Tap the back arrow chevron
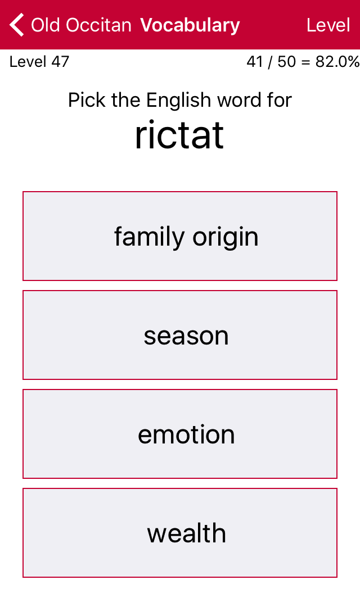click(17, 25)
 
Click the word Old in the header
click(45, 25)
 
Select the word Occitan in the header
click(98, 25)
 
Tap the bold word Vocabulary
click(190, 25)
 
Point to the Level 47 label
click(39, 62)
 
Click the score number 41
click(255, 62)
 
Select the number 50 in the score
click(286, 62)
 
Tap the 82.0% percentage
click(337, 62)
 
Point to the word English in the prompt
click(179, 101)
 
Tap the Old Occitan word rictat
click(179, 135)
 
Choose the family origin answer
click(180, 236)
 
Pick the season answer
click(180, 335)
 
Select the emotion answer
click(180, 434)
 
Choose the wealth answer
click(180, 533)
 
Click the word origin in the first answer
click(225, 238)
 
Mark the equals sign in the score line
click(306, 62)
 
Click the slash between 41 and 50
click(270, 62)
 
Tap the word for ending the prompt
click(279, 100)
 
